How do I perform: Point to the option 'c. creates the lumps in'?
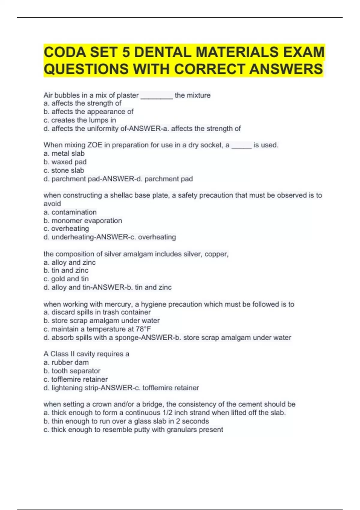coord(79,120)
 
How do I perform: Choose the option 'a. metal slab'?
coord(64,153)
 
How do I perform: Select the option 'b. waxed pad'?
coord(65,162)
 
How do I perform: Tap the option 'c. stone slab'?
coord(64,170)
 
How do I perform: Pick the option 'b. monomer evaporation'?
coord(82,220)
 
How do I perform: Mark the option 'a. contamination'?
coord(70,212)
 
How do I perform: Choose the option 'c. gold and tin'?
coord(66,279)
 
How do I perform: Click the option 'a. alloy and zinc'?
coord(70,262)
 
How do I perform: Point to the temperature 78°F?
coord(143,329)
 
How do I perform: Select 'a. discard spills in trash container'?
coord(97,312)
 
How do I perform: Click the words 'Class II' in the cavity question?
coord(62,354)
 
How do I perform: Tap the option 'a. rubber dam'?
coord(66,362)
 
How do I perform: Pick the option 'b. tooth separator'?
coord(72,371)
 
